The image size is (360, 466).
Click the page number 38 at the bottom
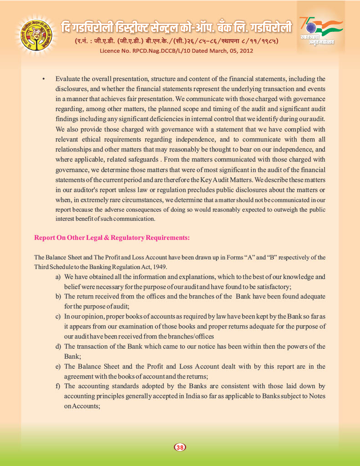180,447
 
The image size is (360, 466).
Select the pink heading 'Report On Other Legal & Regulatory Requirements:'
112,238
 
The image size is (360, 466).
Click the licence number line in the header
177,51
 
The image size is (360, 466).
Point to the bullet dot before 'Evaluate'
43,79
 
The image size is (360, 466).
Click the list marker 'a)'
58,277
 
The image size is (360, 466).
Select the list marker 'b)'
58,296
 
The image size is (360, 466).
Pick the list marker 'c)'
58,316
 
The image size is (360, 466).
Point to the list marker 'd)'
58,346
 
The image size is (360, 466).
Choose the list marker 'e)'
58,366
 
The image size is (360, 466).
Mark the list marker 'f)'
58,386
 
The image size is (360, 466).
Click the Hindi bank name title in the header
176,28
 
